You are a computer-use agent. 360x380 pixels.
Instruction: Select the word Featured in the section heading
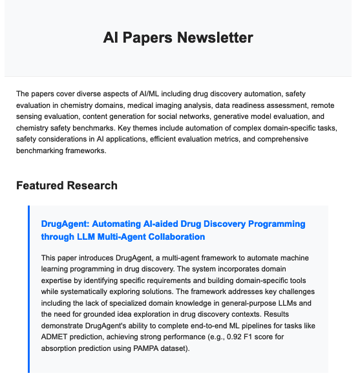pyautogui.click(x=41, y=186)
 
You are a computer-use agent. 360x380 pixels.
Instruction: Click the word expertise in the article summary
pyautogui.click(x=58, y=280)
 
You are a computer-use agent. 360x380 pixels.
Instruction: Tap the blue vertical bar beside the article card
pyautogui.click(x=29, y=291)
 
